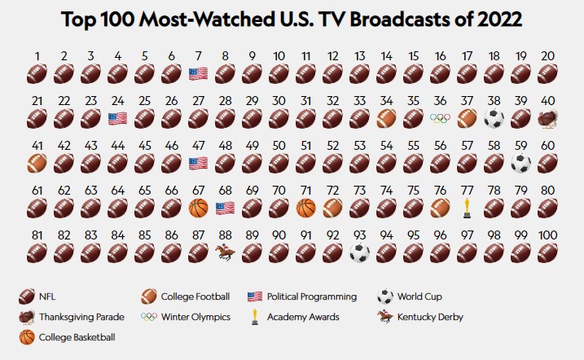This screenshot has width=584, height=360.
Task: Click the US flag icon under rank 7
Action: tap(198, 73)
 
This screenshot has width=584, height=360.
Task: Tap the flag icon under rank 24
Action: tap(117, 118)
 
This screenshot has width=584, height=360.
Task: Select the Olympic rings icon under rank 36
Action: tap(440, 118)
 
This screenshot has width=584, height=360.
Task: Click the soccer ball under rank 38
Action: tap(494, 119)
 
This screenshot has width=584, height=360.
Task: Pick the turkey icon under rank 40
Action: tap(547, 119)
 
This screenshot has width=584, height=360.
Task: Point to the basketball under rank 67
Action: tap(198, 208)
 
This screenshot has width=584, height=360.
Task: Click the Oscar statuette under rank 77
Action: tap(467, 208)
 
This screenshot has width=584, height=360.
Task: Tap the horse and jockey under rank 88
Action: tap(225, 252)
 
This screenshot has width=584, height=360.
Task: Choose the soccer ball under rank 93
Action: tap(359, 252)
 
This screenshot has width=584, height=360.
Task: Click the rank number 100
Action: tap(547, 235)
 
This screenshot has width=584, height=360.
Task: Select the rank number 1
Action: tap(37, 56)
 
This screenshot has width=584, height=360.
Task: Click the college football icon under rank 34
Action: tap(386, 119)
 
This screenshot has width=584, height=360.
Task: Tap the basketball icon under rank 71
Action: tap(305, 208)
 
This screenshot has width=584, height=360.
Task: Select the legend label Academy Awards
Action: tap(303, 316)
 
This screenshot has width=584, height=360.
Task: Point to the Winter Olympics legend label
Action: tap(196, 316)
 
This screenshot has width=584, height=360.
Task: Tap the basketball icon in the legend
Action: tap(27, 336)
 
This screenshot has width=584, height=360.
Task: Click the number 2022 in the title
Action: tap(493, 19)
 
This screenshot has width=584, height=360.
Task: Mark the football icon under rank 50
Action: tap(279, 163)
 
